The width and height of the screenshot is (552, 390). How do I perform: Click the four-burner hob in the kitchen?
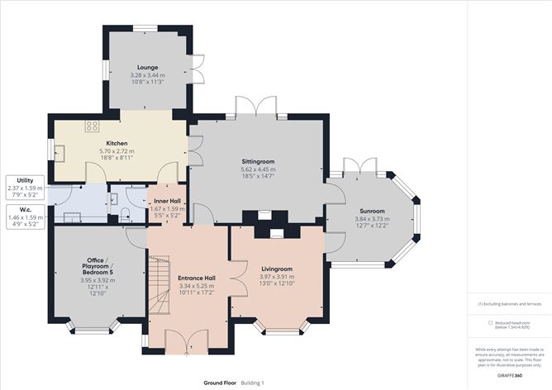(93, 126)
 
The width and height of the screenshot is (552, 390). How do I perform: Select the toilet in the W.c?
(123, 213)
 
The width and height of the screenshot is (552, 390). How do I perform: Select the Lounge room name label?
(148, 68)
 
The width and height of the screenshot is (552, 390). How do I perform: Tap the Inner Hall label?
(166, 202)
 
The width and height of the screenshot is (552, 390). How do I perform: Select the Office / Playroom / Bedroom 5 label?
(98, 266)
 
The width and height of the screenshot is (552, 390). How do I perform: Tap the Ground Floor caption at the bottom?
(220, 383)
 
